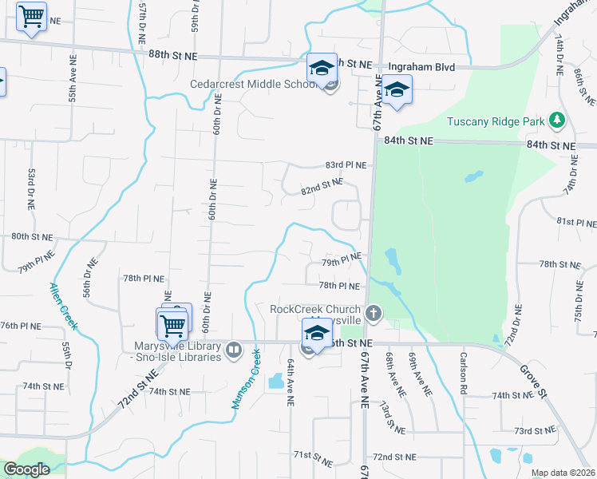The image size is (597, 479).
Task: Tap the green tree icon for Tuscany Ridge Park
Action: pos(557,121)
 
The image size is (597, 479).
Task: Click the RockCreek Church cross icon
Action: pos(373,311)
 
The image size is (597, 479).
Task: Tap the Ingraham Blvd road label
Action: pos(421,68)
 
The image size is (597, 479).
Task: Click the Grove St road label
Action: pos(532,382)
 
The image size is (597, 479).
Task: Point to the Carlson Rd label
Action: pos(462,373)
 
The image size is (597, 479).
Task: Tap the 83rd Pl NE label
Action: pos(346,165)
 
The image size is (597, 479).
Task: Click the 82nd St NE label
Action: pos(322,188)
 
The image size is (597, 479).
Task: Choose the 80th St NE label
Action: pos(31,237)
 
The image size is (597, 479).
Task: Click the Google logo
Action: pos(26,469)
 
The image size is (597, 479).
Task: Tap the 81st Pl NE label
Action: pos(576,220)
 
